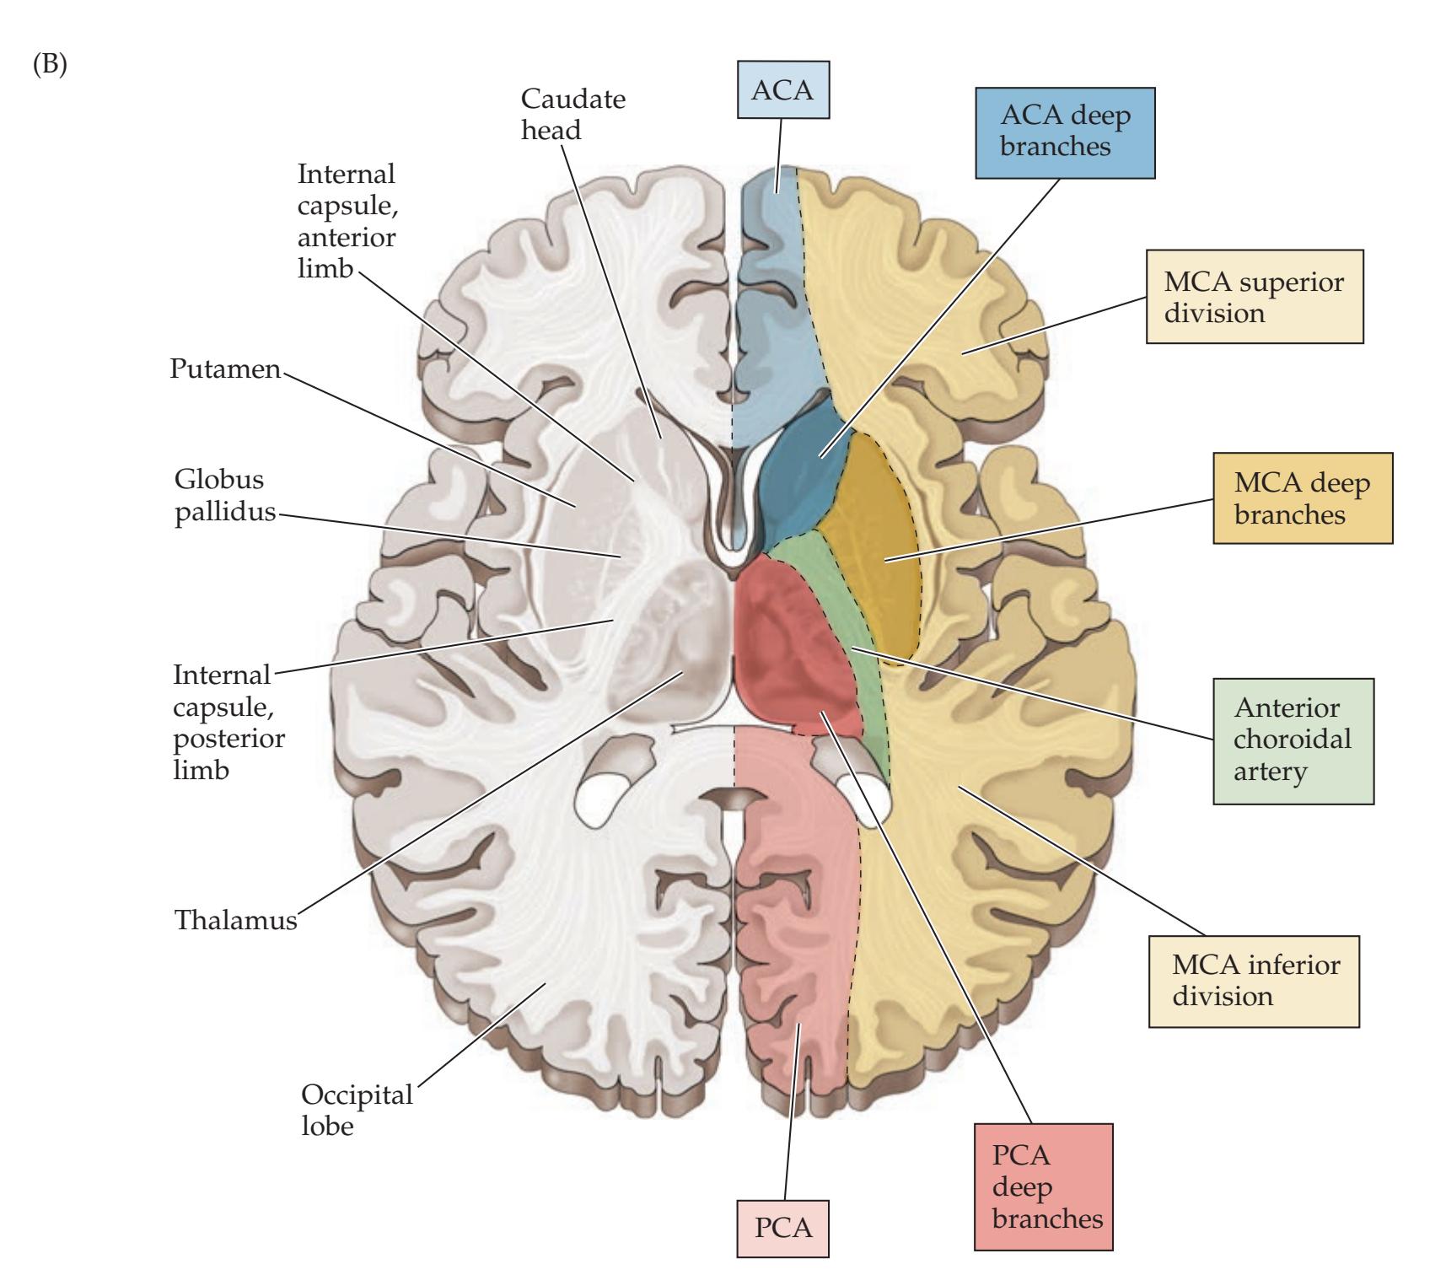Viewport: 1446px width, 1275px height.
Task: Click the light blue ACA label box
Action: click(x=782, y=89)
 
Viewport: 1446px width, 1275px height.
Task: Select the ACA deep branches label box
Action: click(x=1064, y=132)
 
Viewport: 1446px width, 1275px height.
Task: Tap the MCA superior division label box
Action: click(x=1254, y=296)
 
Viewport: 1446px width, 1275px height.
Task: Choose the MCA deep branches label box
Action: click(x=1302, y=498)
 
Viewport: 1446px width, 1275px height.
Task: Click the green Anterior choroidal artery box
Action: click(x=1293, y=740)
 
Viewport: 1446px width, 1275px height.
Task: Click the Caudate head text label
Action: click(x=572, y=114)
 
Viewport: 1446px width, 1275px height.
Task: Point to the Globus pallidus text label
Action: click(x=224, y=496)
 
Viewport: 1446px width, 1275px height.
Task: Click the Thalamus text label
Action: click(x=235, y=918)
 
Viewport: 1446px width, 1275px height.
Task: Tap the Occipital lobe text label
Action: click(x=357, y=1109)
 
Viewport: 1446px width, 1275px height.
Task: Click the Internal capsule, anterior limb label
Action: click(x=346, y=223)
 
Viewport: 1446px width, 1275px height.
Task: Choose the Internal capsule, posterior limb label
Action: click(x=228, y=722)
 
